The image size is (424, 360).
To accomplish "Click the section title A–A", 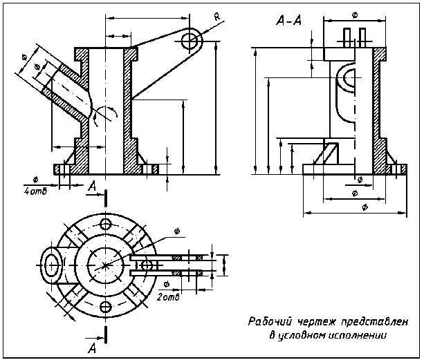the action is (x=289, y=20).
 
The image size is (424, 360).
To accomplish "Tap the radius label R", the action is (x=217, y=17).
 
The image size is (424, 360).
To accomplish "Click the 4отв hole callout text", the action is (x=35, y=191).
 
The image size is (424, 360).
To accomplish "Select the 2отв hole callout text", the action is (x=168, y=297).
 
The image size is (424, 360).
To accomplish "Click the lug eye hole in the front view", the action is (x=190, y=41).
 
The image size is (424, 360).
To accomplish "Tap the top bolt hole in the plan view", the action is (x=105, y=224).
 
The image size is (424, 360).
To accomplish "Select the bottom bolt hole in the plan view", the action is (x=105, y=307).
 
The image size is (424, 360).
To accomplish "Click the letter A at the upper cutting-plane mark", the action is (x=93, y=186).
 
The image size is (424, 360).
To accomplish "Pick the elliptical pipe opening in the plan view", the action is (x=50, y=265).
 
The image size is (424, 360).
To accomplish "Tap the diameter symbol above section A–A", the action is (x=355, y=15).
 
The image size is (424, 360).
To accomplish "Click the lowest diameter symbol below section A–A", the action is (x=365, y=207).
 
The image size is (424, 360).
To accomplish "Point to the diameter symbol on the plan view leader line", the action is (x=177, y=231).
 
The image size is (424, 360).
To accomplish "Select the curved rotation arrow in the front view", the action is (x=106, y=115).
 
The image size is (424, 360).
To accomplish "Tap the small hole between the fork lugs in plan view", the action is (x=147, y=265).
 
